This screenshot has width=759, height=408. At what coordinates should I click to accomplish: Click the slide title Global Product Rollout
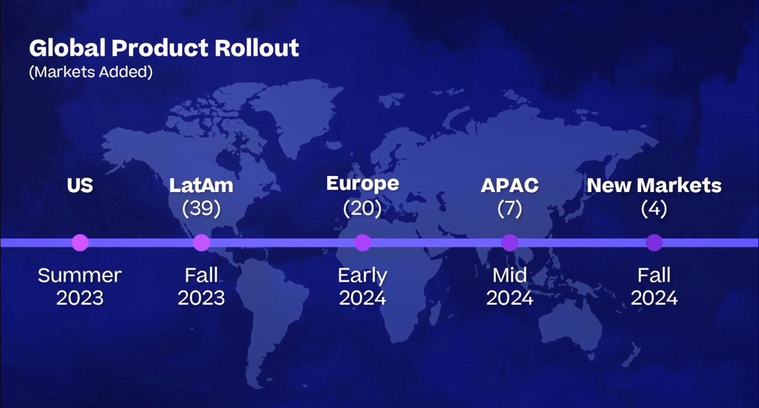coord(164,48)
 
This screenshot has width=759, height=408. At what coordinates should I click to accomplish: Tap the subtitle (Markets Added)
coord(91,72)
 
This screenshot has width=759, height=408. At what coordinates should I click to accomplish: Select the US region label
coord(80,185)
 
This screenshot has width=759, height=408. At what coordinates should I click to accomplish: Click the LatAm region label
coord(201,185)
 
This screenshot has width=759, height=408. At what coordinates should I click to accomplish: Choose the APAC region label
coord(510,185)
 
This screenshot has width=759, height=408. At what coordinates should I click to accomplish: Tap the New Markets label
coord(654,185)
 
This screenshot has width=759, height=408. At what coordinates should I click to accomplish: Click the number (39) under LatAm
coord(201,208)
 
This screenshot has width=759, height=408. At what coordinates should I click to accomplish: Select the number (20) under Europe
coord(363,208)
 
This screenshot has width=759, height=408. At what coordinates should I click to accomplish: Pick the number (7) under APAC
coord(510,208)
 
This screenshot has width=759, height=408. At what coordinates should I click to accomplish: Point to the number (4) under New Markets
coord(654,208)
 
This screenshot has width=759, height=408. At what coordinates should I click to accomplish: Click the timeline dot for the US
coord(80,242)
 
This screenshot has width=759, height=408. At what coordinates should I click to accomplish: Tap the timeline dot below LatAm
coord(201,242)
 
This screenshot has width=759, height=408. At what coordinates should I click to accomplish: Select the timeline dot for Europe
coord(363,242)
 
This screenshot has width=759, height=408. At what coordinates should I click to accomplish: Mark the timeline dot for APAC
coord(510,242)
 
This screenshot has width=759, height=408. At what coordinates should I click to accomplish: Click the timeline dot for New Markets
coord(654,242)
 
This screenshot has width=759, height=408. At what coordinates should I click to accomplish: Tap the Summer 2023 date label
coord(80,287)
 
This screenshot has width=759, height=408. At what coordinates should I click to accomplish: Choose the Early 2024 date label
coord(363,287)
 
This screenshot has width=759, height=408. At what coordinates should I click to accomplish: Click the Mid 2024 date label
coord(510,287)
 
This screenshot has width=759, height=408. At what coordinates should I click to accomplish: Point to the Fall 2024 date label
coord(654,287)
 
